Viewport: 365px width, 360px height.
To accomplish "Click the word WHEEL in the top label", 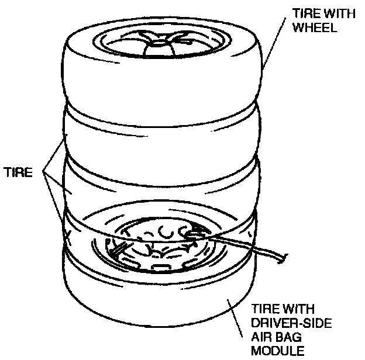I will pyautogui.click(x=318, y=27).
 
